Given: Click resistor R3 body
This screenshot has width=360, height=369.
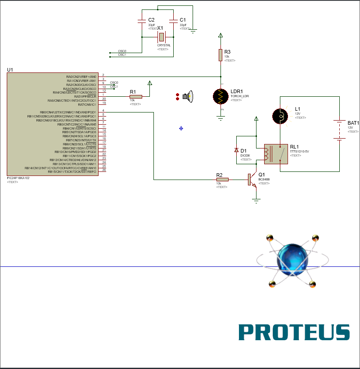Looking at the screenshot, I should tap(220, 55).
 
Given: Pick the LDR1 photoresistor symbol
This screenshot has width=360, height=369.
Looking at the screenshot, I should tap(220, 97).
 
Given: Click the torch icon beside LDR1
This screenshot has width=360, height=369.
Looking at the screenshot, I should tap(187, 96).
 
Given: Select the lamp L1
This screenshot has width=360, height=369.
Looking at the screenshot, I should tap(280, 116).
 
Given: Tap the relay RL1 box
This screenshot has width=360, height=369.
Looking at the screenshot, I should tap(275, 154).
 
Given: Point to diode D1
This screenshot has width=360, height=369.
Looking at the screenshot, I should tap(237, 150).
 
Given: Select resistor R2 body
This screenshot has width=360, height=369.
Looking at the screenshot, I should tap(222, 180).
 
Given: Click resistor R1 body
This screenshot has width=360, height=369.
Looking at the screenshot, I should tap(135, 96).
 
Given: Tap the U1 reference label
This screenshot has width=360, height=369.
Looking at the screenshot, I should tap(10, 70).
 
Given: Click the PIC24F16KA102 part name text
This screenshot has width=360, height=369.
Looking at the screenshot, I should tap(18, 178).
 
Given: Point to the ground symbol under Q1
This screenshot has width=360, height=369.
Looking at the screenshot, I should tap(256, 199).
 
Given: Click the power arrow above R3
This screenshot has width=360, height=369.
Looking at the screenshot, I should tap(220, 35).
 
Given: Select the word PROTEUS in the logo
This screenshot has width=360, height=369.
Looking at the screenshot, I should tap(294, 332).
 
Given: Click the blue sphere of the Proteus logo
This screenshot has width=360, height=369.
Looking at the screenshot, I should tap(292, 260).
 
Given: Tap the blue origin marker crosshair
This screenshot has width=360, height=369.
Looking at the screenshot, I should tap(181, 128).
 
